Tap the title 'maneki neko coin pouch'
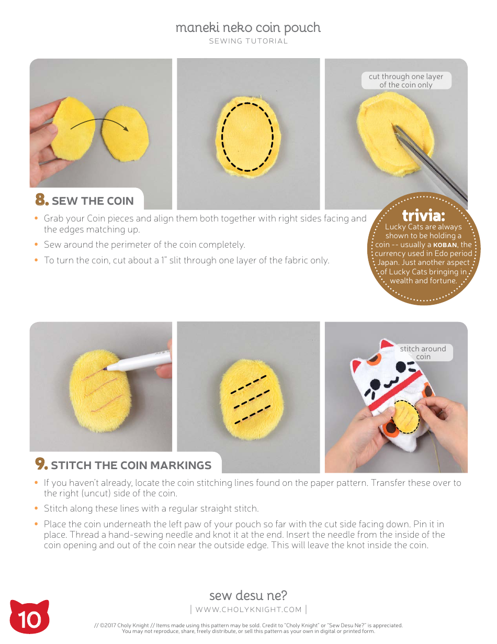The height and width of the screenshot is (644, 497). click(x=248, y=28)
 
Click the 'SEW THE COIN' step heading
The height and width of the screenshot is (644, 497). click(x=93, y=201)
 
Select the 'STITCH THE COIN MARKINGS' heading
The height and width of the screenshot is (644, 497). click(x=131, y=465)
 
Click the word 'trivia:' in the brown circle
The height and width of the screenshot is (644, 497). click(x=423, y=216)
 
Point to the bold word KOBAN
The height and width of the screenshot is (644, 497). click(x=446, y=245)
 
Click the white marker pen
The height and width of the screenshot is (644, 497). click(x=139, y=361)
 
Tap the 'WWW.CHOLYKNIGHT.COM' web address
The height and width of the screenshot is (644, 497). click(x=249, y=609)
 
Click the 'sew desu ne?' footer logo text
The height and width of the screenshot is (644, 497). click(x=248, y=595)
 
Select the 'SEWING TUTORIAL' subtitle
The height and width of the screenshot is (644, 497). click(x=248, y=41)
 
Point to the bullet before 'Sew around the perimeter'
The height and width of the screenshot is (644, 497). click(x=36, y=245)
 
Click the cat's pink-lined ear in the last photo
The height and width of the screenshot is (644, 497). click(x=387, y=346)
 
